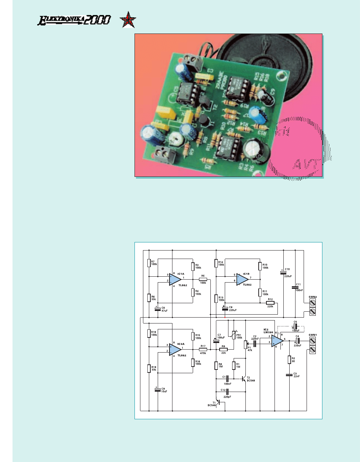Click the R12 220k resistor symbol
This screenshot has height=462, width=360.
pyautogui.click(x=270, y=303)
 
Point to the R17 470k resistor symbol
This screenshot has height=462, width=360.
pyautogui.click(x=203, y=349)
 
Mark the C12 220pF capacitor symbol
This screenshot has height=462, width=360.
pyautogui.click(x=227, y=392)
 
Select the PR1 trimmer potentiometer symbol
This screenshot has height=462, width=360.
pyautogui.click(x=234, y=334)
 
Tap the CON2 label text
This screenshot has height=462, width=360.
pyautogui.click(x=313, y=297)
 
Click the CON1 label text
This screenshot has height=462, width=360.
pyautogui.click(x=313, y=335)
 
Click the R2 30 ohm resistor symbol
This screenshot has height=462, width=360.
pyautogui.click(x=290, y=360)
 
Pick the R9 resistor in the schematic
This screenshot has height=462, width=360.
pyautogui.click(x=223, y=349)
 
